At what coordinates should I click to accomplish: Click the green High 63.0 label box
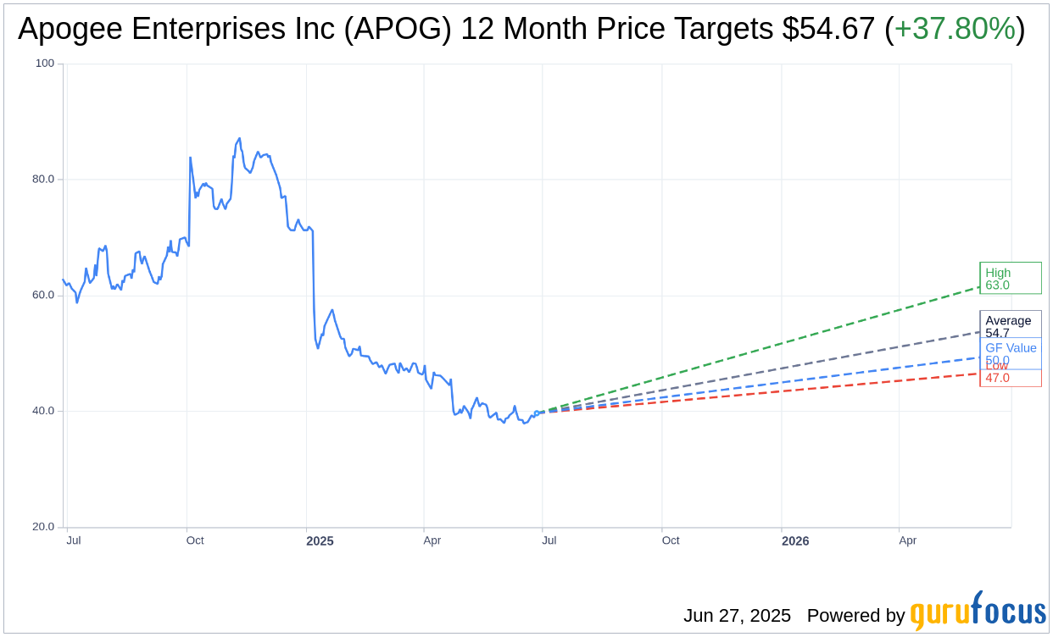click(1010, 279)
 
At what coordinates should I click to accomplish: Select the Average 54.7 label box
click(1010, 325)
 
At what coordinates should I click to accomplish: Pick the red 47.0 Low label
click(1010, 378)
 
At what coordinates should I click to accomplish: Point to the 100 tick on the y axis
click(44, 64)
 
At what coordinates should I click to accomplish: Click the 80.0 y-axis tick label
click(43, 180)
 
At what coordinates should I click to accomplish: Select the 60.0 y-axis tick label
click(43, 296)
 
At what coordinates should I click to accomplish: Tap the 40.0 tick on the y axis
click(43, 411)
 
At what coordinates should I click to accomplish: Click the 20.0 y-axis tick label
click(43, 527)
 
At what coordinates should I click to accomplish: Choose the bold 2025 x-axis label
click(320, 540)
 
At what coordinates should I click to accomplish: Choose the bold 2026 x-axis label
click(794, 540)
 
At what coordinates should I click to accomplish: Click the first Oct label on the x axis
click(195, 540)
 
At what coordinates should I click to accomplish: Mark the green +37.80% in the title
click(955, 30)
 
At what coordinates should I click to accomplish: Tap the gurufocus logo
click(978, 612)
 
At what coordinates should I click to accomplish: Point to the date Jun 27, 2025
click(737, 616)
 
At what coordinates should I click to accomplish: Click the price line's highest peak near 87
click(239, 139)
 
